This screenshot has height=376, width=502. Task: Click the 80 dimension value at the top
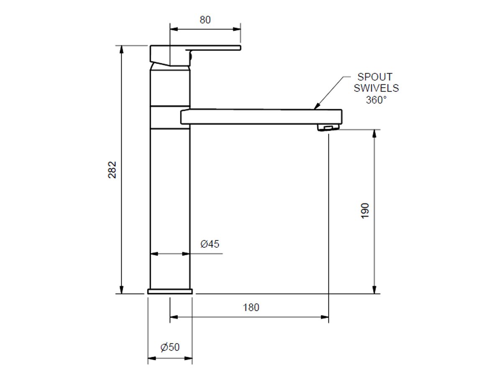205,20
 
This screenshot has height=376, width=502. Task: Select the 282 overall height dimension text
112,170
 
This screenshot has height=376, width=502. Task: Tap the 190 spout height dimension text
365,211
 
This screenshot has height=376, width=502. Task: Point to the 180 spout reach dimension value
251,307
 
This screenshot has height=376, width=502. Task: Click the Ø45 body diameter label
210,244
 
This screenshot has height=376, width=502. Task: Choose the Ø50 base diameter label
170,347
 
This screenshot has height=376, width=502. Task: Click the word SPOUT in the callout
375,77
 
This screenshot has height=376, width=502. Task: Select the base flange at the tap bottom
170,291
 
